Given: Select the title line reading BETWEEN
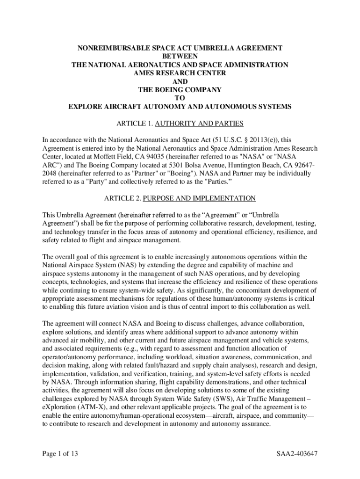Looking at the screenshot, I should pyautogui.click(x=180, y=56).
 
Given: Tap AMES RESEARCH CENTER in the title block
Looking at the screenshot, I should pyautogui.click(x=180, y=73).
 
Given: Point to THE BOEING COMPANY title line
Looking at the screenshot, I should pyautogui.click(x=180, y=90).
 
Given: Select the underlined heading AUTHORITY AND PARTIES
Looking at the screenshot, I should pyautogui.click(x=199, y=123).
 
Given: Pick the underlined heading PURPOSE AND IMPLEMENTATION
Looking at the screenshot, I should pyautogui.click(x=199, y=198).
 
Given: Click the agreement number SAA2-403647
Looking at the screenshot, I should pyautogui.click(x=297, y=454).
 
